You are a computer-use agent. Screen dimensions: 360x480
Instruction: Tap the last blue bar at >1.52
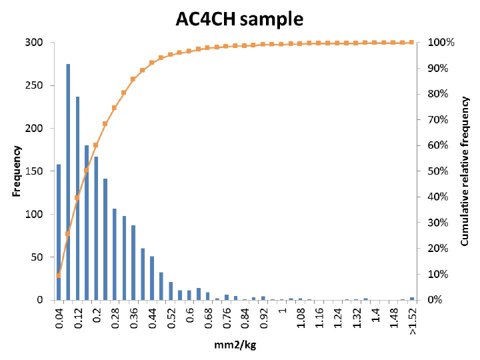(x=412, y=299)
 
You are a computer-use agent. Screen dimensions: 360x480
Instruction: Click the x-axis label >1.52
(x=413, y=321)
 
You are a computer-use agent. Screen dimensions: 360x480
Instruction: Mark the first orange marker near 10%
(x=59, y=275)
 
